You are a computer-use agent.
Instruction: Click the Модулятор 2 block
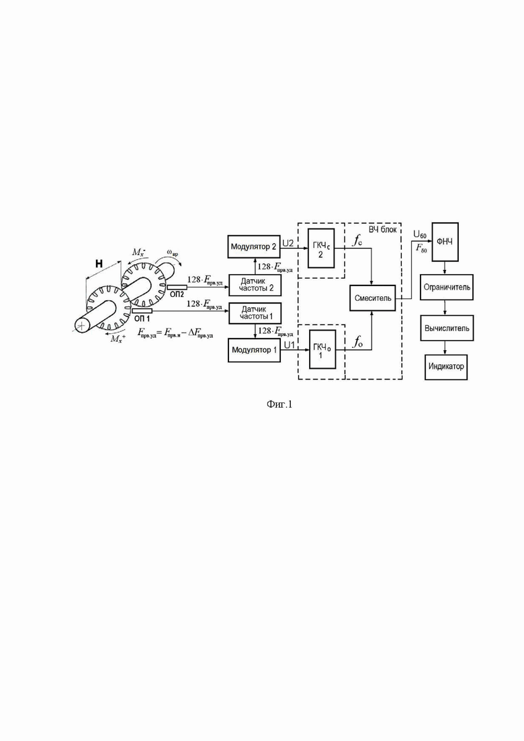[254, 246]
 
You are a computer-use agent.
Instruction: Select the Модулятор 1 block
[254, 350]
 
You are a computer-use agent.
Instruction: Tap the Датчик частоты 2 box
[255, 285]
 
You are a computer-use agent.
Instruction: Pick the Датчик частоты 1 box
[255, 313]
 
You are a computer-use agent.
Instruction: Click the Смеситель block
[372, 298]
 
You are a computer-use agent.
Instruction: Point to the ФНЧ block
[445, 242]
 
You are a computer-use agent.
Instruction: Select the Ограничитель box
[447, 287]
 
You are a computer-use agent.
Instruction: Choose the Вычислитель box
[447, 328]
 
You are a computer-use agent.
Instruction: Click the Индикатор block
[447, 367]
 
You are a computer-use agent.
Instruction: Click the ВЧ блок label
[383, 230]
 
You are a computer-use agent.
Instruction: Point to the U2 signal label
[288, 243]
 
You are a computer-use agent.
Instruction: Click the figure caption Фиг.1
[279, 404]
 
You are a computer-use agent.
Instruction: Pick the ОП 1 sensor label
[142, 319]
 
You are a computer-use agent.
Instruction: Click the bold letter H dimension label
[99, 264]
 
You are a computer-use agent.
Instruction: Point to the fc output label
[357, 241]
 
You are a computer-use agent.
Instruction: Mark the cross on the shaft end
[82, 325]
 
